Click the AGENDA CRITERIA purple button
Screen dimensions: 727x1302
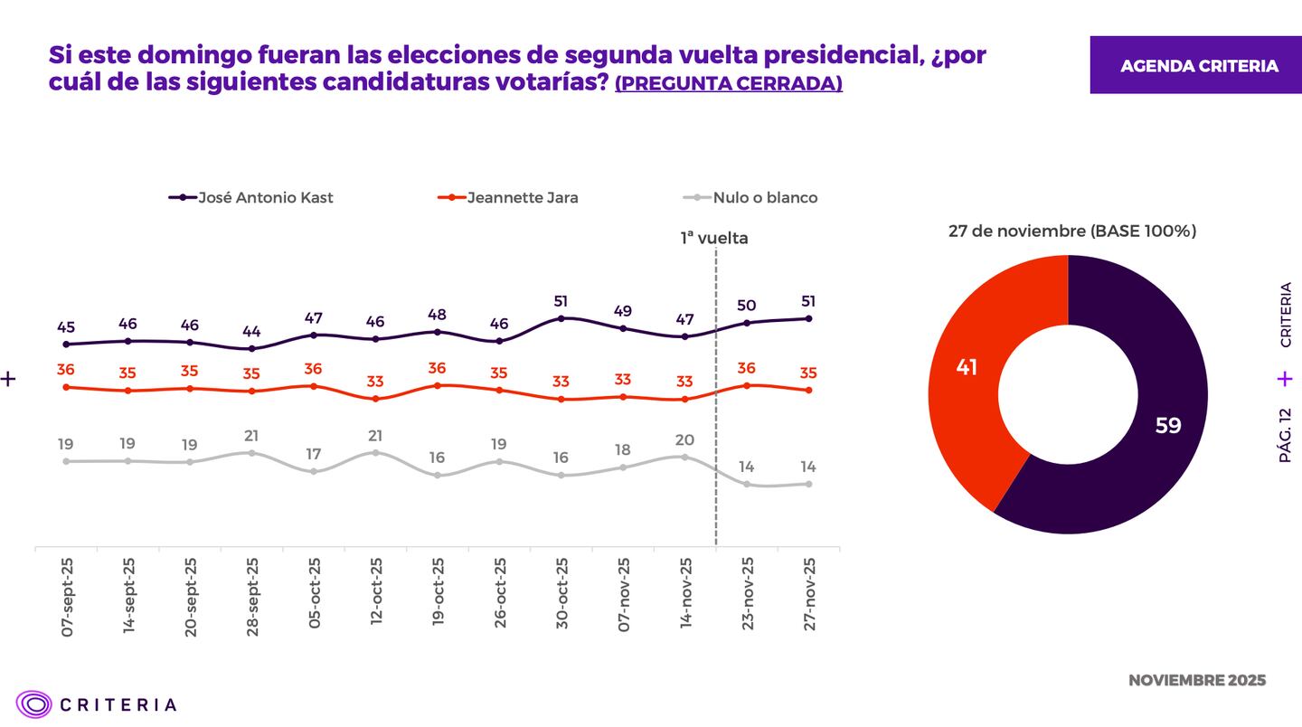pos(1199,66)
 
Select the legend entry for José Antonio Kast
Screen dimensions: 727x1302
pos(252,198)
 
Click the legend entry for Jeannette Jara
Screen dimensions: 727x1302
pos(508,198)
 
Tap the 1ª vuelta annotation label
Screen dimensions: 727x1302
pos(714,239)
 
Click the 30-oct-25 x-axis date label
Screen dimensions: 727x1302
pos(561,592)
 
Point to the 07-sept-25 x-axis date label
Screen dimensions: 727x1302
pos(67,598)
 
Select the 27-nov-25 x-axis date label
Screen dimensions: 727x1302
pos(809,592)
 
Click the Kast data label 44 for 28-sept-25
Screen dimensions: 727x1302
pos(251,331)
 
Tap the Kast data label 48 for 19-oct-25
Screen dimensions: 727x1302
pos(437,315)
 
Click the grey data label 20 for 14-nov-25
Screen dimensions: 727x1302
pos(684,440)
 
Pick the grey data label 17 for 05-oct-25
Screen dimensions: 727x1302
pos(314,454)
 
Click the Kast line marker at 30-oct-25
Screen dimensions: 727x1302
pos(561,318)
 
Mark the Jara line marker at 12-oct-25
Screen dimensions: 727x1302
pos(375,399)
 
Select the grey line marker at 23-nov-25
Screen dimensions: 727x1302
pos(747,485)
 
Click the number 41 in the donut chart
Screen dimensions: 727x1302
pos(967,368)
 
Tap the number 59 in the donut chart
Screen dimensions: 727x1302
pos(1168,425)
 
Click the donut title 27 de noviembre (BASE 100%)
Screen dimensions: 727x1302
pos(1071,231)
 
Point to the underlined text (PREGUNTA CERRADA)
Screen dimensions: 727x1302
pos(728,84)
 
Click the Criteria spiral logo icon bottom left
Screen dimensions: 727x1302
pos(33,704)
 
